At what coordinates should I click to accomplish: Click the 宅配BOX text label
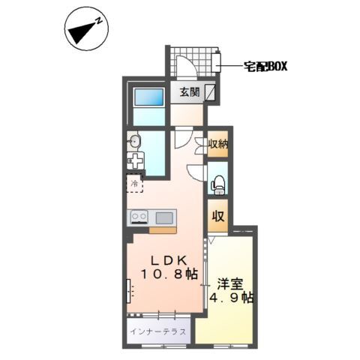point(267,67)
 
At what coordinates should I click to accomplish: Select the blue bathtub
point(148,98)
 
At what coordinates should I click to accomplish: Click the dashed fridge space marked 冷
point(136,183)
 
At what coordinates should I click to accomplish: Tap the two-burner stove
point(139,217)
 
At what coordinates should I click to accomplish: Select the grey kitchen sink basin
point(164,217)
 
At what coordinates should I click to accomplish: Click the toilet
point(218,183)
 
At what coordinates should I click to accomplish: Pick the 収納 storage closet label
point(217,143)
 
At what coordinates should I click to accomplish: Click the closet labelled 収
point(218,217)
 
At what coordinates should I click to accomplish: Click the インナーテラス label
point(157,331)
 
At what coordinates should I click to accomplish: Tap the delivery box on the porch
point(218,63)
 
